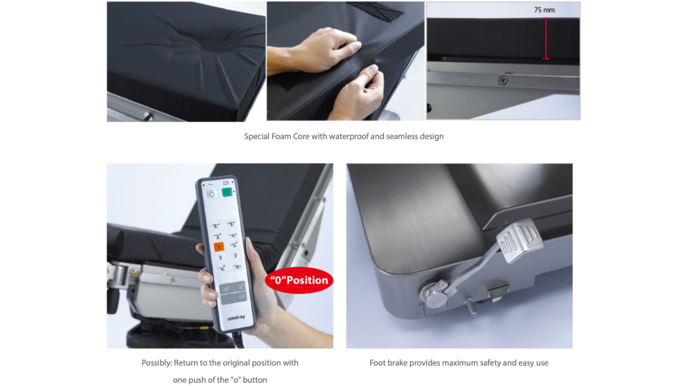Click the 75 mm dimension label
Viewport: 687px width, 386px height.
[x=544, y=10]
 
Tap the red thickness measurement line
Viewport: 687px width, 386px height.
[x=546, y=38]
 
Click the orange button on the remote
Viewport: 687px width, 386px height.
[x=219, y=247]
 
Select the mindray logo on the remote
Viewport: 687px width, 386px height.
[x=236, y=318]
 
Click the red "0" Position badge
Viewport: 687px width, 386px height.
[x=299, y=280]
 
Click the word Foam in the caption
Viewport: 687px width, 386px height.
[x=282, y=136]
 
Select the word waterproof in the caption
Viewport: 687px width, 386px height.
[x=349, y=136]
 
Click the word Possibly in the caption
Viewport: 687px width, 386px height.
[x=157, y=363]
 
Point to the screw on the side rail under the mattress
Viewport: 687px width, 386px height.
[x=503, y=80]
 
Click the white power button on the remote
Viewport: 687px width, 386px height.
[x=211, y=194]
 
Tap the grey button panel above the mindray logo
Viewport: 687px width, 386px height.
[x=233, y=293]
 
